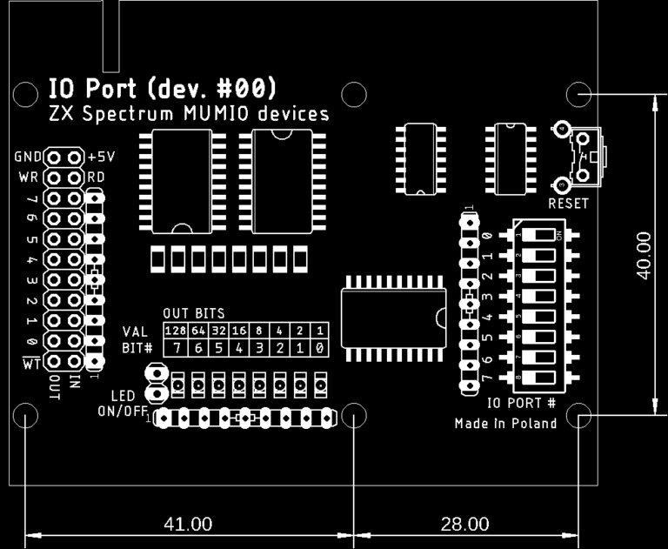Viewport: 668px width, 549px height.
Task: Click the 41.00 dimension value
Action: click(188, 524)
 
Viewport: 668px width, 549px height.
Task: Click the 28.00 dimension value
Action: click(464, 524)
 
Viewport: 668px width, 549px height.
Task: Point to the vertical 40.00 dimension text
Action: click(644, 255)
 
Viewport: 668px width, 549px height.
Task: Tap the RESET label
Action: click(568, 204)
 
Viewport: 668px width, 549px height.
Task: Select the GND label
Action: click(28, 158)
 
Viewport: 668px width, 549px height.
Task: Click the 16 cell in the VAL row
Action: click(237, 331)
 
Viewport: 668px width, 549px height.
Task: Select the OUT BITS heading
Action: click(193, 313)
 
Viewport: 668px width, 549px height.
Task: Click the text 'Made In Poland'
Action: click(505, 424)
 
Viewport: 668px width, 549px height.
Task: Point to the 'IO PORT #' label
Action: click(521, 403)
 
